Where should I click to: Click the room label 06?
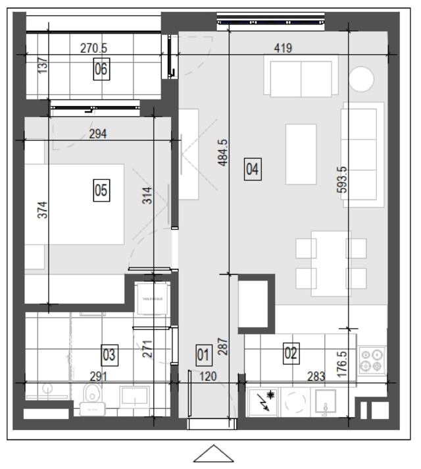[101, 69]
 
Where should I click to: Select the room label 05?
[101, 190]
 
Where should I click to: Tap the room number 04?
[253, 169]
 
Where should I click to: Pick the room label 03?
[109, 355]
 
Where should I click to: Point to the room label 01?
[204, 355]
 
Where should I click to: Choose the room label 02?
[291, 353]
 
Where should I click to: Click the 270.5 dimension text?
[93, 48]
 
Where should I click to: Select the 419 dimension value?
[283, 48]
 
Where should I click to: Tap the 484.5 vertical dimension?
[223, 153]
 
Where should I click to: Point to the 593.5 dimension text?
[343, 179]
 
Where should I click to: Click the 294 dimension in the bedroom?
[98, 134]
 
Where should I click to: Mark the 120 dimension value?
[208, 376]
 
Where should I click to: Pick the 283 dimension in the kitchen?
[316, 376]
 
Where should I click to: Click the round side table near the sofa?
[361, 79]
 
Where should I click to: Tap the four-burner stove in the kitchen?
[372, 360]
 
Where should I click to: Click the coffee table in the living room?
[301, 154]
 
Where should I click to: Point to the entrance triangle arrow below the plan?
[213, 454]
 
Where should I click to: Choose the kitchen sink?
[326, 402]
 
